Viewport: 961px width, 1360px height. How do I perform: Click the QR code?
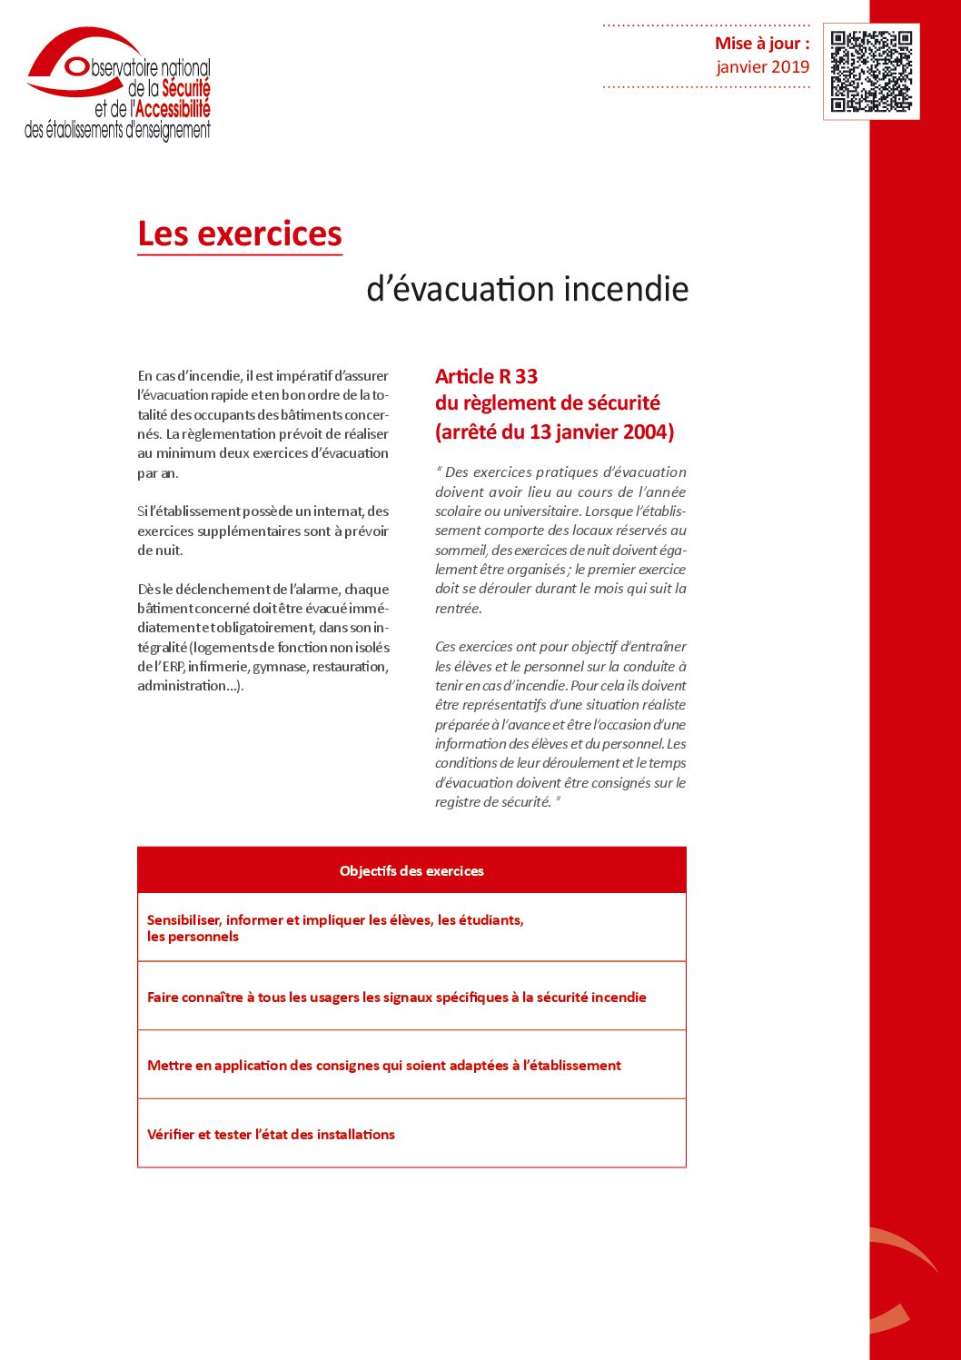871,71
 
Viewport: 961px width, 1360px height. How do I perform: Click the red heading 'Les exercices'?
240,234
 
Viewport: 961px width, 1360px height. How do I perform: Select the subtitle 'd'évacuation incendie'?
527,289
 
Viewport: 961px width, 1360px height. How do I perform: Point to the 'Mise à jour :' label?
761,44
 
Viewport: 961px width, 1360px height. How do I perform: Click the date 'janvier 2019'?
762,66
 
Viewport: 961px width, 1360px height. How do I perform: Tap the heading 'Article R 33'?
486,376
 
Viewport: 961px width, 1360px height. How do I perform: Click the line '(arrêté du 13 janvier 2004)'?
554,432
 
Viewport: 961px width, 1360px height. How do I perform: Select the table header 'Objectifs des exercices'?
411,870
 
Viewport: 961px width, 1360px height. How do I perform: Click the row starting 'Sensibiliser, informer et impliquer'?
335,928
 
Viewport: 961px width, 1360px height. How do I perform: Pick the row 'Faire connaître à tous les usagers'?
396,997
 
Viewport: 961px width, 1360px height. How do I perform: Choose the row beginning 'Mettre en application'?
383,1065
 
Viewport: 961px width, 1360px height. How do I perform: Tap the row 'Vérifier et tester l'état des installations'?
271,1134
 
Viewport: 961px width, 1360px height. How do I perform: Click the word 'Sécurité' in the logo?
186,89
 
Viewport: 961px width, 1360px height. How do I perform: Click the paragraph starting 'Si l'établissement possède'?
263,531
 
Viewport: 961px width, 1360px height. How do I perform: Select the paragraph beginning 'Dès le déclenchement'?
263,637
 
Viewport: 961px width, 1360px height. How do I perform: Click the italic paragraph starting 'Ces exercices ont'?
560,724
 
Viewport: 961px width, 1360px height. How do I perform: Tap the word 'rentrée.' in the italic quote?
458,609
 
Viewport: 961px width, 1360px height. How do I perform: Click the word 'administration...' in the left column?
189,686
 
